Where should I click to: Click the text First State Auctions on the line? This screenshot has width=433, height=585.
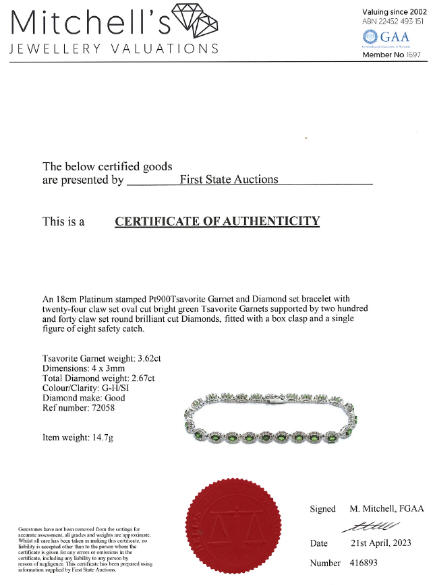[x=229, y=180]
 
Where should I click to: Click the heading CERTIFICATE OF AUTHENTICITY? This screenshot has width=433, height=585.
[x=216, y=221]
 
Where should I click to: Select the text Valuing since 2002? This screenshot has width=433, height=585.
[x=393, y=11]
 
